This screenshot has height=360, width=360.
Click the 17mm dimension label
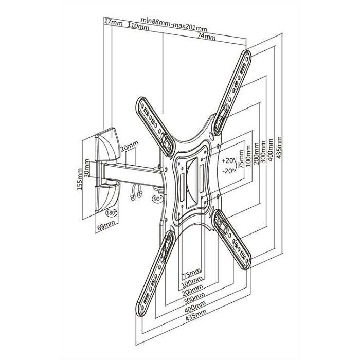point(114,22)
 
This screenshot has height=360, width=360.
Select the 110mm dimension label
point(138,26)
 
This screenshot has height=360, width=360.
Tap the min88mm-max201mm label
point(174,24)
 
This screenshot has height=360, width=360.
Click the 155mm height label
point(79,179)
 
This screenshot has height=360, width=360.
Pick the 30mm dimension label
point(86,168)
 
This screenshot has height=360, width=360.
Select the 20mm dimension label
point(130,146)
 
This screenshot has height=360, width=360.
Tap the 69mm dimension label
point(106,226)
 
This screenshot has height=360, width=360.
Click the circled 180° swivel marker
point(112,212)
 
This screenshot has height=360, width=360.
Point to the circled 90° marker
point(157,199)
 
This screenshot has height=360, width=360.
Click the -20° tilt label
point(229,171)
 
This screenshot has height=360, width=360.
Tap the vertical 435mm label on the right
point(279,148)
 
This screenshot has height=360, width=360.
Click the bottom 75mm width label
point(191,273)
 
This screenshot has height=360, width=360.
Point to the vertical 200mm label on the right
point(256,153)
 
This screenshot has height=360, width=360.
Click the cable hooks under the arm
point(136,191)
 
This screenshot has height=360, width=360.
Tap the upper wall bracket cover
point(107,145)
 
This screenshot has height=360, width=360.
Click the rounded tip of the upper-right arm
point(246,54)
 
